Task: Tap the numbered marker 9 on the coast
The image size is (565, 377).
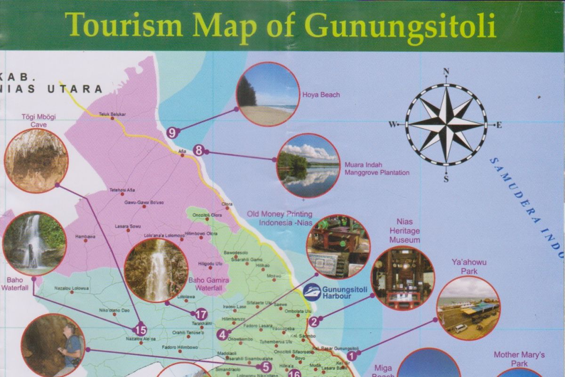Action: (172, 133)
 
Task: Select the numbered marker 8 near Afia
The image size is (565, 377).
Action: (199, 151)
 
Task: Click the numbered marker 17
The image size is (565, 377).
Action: (201, 314)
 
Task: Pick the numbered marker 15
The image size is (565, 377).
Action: (140, 330)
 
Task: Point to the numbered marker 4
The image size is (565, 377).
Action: (222, 335)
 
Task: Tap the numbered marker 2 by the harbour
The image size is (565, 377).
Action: (314, 322)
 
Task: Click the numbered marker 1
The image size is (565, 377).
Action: (351, 356)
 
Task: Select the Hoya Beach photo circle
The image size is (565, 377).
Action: (267, 94)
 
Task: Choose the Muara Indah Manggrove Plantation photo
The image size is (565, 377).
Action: (308, 165)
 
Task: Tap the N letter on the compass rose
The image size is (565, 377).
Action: (446, 72)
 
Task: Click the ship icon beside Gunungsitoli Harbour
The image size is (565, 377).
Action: (312, 292)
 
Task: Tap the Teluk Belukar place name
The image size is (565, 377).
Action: (110, 114)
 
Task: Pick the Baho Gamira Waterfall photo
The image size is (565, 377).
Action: (156, 270)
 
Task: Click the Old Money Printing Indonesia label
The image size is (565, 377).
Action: (280, 218)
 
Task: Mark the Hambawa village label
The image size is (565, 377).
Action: (85, 236)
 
